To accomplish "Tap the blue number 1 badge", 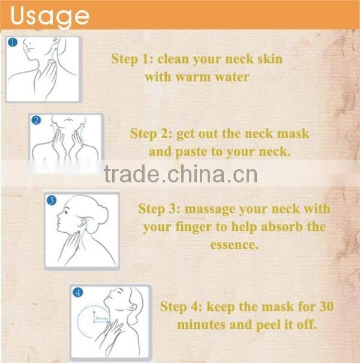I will (x=12, y=43).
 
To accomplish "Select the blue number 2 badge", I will (x=36, y=121).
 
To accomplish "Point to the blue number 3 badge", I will (x=52, y=200).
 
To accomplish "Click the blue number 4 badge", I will (x=77, y=293).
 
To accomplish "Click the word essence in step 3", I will (x=235, y=245).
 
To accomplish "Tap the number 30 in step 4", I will (x=324, y=307).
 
